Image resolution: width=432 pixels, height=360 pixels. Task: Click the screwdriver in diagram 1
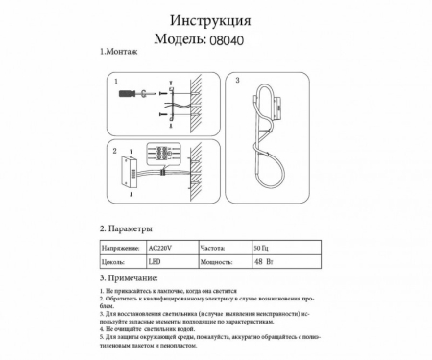130,94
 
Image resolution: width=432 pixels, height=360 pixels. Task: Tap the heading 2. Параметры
126,229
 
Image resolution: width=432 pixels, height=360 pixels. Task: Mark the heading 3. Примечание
129,277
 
